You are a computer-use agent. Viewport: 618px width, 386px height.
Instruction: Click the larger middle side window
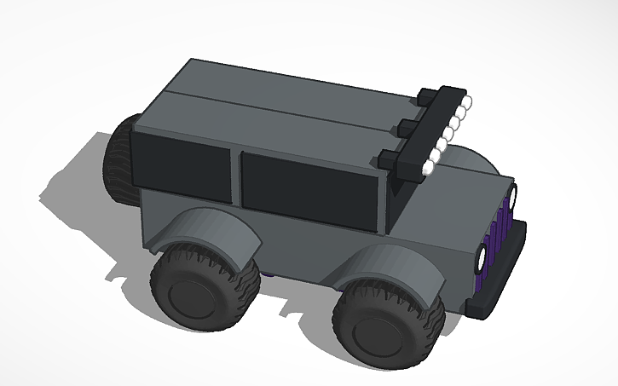pos(310,190)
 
